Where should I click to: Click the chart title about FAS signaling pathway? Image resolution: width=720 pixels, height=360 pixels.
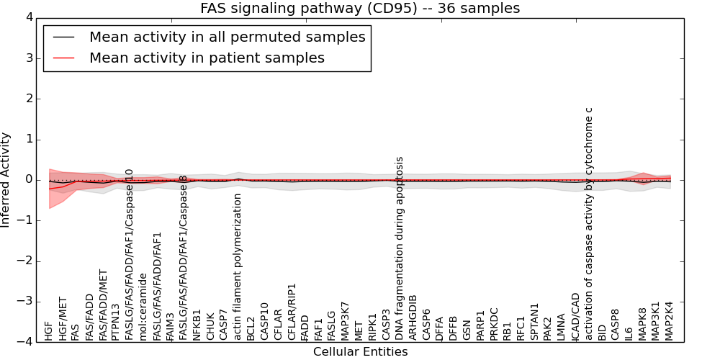(360, 8)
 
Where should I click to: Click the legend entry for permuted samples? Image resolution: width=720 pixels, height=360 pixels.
(227, 37)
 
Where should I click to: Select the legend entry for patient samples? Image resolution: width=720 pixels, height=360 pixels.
(207, 58)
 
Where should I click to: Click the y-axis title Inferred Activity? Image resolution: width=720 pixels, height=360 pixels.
(6, 180)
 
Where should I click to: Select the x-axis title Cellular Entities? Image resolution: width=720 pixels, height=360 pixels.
(360, 352)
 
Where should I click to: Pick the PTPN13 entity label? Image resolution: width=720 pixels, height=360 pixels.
(116, 322)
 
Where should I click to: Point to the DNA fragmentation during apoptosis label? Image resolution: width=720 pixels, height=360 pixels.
(399, 248)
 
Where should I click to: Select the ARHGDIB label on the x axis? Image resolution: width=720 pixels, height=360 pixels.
(413, 317)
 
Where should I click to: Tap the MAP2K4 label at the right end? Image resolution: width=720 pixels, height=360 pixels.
(669, 320)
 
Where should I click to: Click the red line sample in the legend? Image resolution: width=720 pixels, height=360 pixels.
(63, 58)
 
